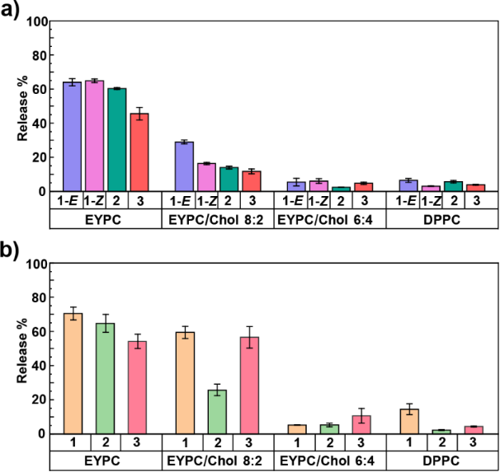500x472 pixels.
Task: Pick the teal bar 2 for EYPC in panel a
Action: pyautogui.click(x=117, y=139)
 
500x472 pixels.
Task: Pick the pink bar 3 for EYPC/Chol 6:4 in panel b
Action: pyautogui.click(x=362, y=424)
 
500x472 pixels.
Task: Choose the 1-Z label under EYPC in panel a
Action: pyautogui.click(x=94, y=200)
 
